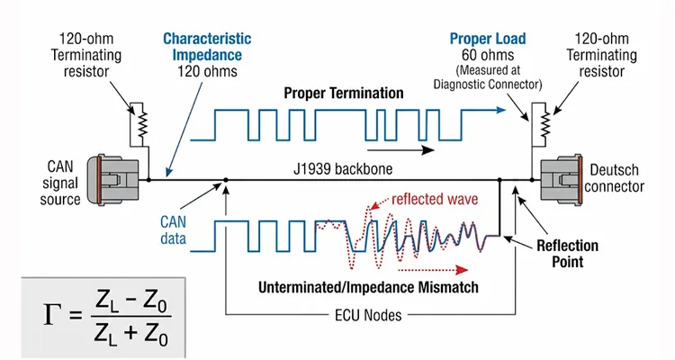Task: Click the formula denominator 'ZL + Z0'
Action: tap(132, 335)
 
